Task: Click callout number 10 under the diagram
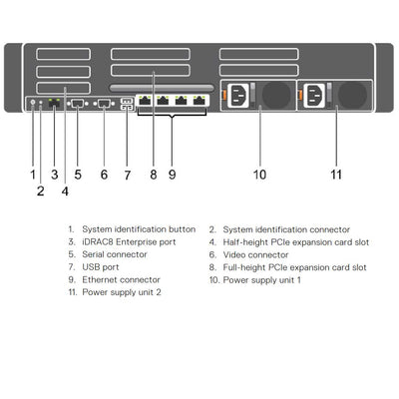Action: pos(259,174)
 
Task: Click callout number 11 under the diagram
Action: pos(336,174)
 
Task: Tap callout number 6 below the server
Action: pos(104,174)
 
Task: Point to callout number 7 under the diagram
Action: pos(127,174)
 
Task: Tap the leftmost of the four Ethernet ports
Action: pos(146,101)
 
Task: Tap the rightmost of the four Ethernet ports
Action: pos(199,101)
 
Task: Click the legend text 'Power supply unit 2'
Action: pos(122,293)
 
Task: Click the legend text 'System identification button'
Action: pos(139,228)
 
